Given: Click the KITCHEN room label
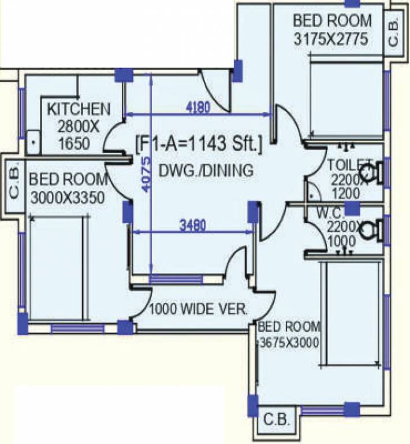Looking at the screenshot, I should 78,109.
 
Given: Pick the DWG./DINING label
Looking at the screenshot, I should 206,171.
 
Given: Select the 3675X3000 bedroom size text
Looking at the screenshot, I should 289,342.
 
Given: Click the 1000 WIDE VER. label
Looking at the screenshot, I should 198,308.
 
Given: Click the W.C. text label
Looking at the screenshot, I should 330,213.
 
